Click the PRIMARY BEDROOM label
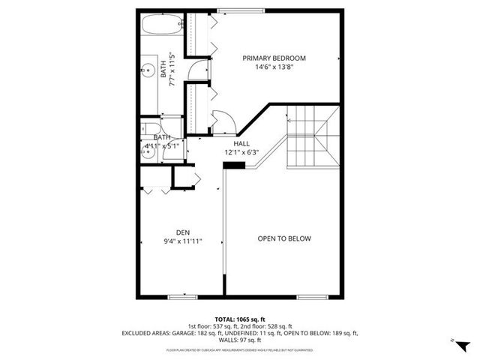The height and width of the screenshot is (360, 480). tap(274, 58)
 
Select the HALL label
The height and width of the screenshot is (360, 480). tap(241, 143)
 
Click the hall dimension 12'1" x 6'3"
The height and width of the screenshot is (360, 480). tap(241, 152)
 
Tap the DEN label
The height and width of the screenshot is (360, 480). tap(184, 232)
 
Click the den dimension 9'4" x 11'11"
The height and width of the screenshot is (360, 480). tap(184, 241)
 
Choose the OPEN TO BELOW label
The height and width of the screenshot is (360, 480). tap(284, 238)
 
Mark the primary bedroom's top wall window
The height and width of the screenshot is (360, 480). tap(231, 10)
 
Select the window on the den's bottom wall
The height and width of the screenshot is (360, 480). tap(182, 297)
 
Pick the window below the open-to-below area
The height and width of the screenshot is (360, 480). tap(312, 297)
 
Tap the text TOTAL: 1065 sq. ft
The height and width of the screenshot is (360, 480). tap(240, 319)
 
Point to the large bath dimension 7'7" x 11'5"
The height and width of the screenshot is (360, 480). tap(172, 68)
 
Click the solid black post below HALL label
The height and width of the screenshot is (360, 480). tap(235, 166)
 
